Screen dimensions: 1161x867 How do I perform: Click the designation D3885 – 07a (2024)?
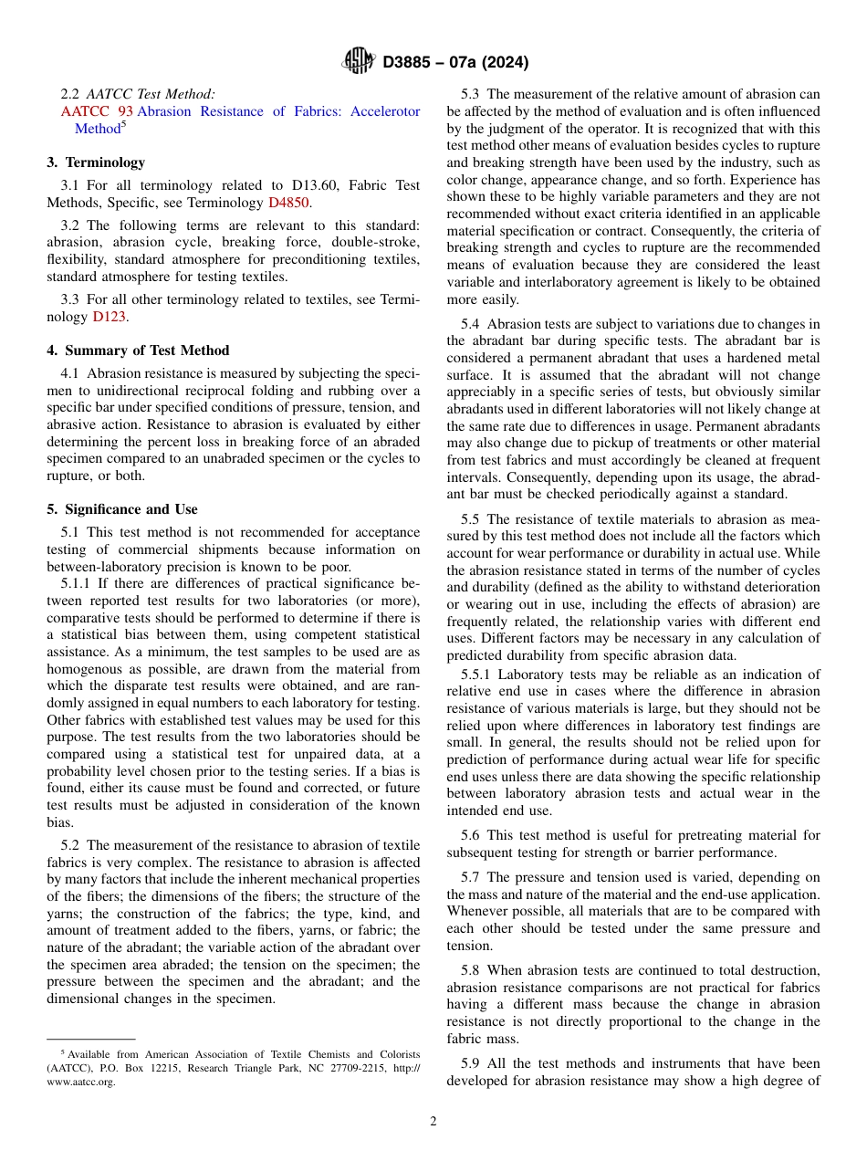click(x=455, y=62)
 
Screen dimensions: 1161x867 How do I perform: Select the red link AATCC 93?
click(x=97, y=111)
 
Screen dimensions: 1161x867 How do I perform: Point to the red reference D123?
click(x=109, y=317)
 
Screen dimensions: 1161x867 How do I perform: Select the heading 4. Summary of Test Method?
click(x=138, y=350)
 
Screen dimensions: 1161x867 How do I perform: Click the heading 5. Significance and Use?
click(x=121, y=509)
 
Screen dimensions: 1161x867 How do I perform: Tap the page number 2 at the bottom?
click(x=433, y=1121)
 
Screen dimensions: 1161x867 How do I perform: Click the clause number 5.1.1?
click(x=77, y=583)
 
